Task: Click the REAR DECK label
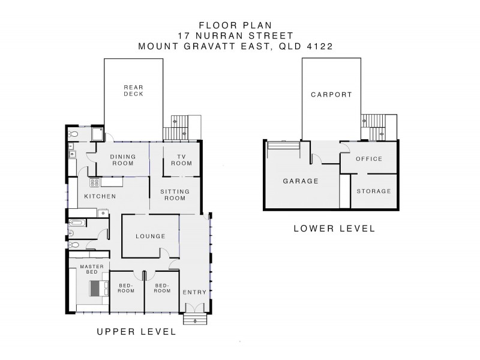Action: click(x=133, y=91)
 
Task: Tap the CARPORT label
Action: click(x=332, y=95)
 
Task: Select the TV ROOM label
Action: click(x=182, y=160)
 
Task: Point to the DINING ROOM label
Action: click(x=123, y=160)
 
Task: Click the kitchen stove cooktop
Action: click(x=94, y=183)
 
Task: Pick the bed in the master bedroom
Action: click(x=99, y=289)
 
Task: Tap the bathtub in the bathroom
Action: click(x=76, y=223)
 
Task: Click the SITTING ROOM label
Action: click(x=175, y=195)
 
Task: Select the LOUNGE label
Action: click(x=151, y=236)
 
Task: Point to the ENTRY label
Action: click(x=194, y=292)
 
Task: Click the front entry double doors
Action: click(x=195, y=308)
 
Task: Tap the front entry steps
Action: click(x=196, y=319)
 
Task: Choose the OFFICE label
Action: click(x=369, y=159)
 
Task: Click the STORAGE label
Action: click(x=374, y=191)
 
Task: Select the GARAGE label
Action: click(x=301, y=181)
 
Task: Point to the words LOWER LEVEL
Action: click(x=334, y=229)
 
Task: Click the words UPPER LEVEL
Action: click(x=137, y=332)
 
